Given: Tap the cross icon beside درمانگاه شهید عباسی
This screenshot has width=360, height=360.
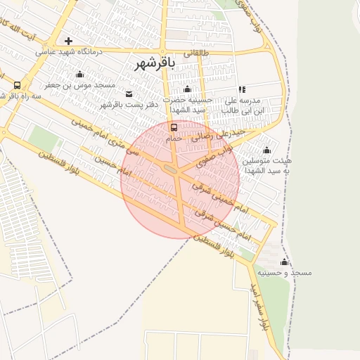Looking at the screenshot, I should [x=68, y=41].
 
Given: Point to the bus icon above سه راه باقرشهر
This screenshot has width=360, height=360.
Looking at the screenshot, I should [x=17, y=84].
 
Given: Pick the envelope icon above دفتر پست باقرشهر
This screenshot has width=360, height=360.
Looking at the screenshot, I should [x=128, y=94].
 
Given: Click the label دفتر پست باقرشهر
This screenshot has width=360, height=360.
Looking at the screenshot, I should [x=129, y=105].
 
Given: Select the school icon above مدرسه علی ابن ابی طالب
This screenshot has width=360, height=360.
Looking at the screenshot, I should [x=243, y=89].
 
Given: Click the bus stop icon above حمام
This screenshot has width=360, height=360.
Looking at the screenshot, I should [x=174, y=127].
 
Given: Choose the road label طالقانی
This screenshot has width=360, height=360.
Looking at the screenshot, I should [x=197, y=53].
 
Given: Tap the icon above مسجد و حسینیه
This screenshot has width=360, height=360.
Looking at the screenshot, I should [x=284, y=262].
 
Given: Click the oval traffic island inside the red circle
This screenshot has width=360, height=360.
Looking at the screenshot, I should [x=170, y=169].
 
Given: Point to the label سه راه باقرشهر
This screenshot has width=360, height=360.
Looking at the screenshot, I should [x=22, y=95].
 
